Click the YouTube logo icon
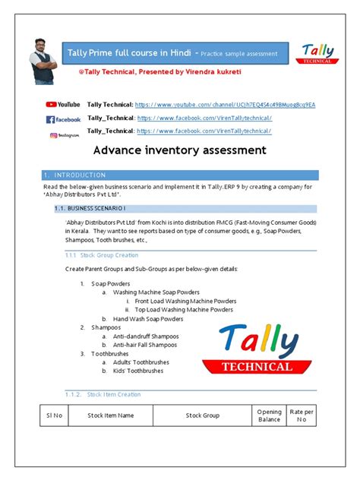[63, 104]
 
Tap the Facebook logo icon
[63, 119]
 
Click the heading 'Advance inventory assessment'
[179, 151]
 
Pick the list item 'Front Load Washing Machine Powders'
[186, 301]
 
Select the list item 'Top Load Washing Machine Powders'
[184, 310]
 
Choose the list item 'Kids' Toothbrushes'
[138, 371]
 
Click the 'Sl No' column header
[54, 415]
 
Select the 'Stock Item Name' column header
[110, 415]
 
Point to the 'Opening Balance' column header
[269, 415]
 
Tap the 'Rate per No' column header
[302, 415]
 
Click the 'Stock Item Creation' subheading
[113, 394]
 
